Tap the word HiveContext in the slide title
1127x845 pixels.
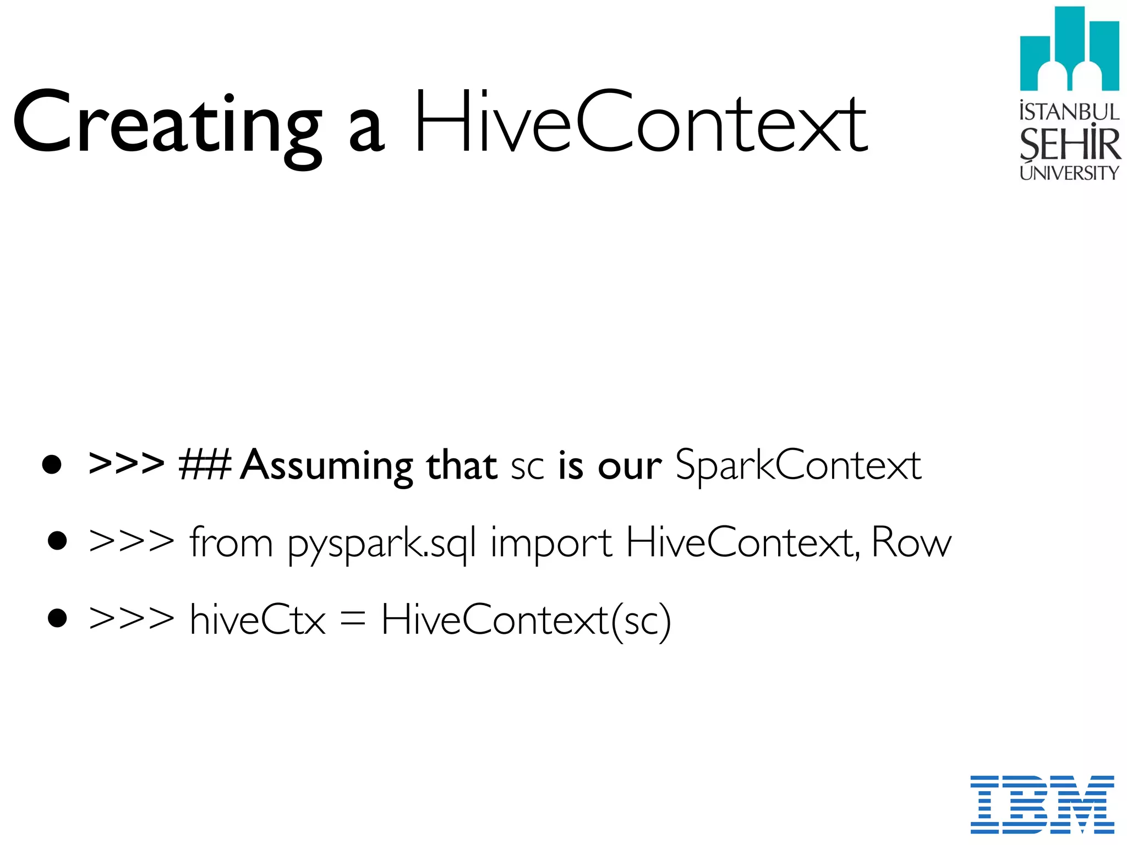641,122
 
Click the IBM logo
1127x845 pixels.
1042,804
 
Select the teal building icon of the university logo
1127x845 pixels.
1069,50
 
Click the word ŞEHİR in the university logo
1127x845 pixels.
1069,144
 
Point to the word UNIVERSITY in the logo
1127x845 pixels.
1069,173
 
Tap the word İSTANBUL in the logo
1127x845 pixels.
1069,112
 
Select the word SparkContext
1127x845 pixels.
798,465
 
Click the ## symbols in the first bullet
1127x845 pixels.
205,465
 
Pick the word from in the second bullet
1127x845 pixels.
231,542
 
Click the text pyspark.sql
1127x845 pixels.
382,545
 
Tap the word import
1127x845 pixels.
551,545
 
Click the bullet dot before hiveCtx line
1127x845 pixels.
57,618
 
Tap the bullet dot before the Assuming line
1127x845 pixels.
52,464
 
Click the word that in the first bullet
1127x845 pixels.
462,465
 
